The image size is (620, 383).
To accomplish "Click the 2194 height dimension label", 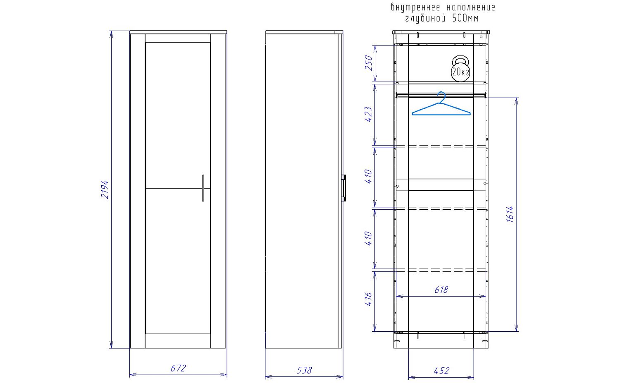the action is point(105,190).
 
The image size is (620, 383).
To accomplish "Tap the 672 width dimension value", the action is point(178,369).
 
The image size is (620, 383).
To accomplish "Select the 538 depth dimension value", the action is point(304,370).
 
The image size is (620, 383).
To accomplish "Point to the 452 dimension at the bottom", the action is point(441,371).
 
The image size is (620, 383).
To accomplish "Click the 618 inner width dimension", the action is point(441,290).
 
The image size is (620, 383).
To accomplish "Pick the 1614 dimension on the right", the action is point(510,214).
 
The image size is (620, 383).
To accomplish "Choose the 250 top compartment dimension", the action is point(368,63).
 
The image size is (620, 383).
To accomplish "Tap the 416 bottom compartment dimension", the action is point(368,299).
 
